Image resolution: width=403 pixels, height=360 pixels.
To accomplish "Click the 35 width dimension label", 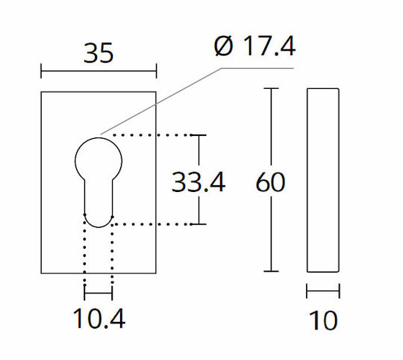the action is pos(99,53).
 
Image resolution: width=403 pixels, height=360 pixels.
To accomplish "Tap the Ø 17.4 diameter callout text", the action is pos(254,46).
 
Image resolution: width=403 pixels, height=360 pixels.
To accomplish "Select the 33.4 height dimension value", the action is pos(199,182).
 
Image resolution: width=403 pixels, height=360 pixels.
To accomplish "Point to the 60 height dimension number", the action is pos(270,181).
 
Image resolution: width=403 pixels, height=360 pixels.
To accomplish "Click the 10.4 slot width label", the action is pos(99,319).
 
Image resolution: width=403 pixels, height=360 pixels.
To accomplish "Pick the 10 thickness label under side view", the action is pos(323,320).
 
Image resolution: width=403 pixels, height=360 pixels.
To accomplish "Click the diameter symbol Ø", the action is pos(224,46).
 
